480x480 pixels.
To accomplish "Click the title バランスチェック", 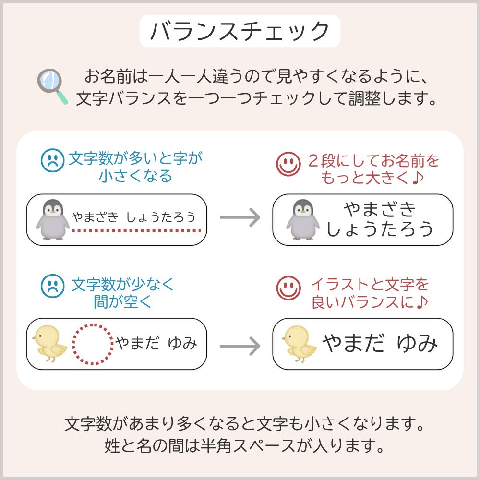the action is [x=240, y=31].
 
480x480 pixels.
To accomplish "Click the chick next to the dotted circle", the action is [x=49, y=344].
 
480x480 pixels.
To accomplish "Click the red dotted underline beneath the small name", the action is [x=136, y=231].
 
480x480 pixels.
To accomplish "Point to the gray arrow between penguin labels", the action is [x=239, y=218].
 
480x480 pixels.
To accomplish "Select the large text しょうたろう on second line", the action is [x=380, y=230].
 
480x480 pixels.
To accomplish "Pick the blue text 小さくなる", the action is [x=135, y=176].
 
